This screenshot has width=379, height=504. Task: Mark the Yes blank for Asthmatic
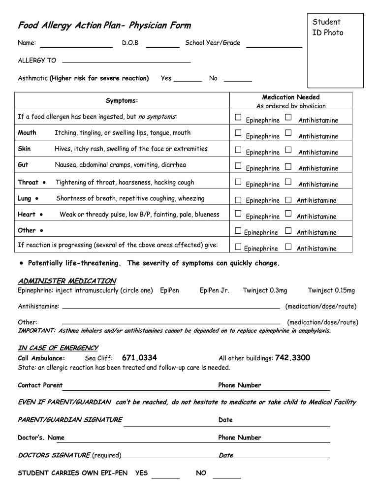(188, 78)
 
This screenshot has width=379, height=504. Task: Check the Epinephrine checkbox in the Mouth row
(238, 133)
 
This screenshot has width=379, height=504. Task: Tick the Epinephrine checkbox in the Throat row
(238, 182)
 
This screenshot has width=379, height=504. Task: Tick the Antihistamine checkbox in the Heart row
(288, 214)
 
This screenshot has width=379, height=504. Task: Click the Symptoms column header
(122, 101)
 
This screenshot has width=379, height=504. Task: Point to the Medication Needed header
(290, 97)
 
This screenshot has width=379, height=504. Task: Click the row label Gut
(23, 165)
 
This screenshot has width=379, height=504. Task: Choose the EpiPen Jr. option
(214, 290)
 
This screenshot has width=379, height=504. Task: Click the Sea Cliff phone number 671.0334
(139, 358)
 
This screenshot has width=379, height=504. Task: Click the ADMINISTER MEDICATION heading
(67, 281)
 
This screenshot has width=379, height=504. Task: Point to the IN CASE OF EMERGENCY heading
(58, 348)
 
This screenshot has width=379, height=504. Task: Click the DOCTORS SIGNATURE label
(54, 455)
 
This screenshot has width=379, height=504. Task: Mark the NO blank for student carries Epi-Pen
(227, 473)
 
